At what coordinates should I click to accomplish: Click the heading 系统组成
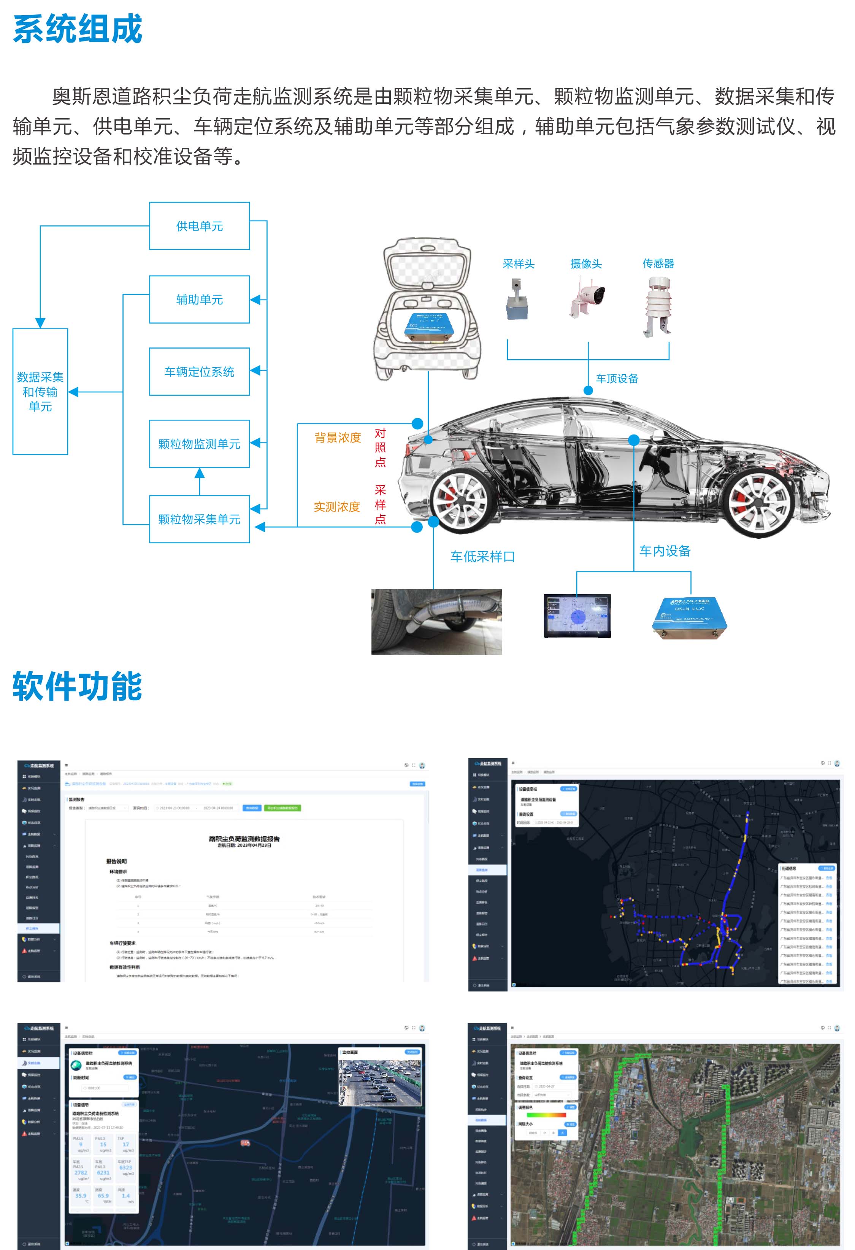(78, 30)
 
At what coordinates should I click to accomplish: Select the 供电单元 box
(200, 226)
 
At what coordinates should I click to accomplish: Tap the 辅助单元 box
(200, 300)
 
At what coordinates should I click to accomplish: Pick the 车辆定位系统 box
(200, 372)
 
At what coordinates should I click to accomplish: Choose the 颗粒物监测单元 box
(200, 444)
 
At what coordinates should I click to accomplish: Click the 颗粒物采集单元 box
(200, 519)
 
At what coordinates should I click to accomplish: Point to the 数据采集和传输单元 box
(40, 392)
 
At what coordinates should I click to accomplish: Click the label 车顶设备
(617, 379)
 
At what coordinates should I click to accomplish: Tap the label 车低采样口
(482, 557)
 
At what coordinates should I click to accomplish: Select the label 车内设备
(665, 551)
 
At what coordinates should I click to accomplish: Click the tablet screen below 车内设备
(577, 616)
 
